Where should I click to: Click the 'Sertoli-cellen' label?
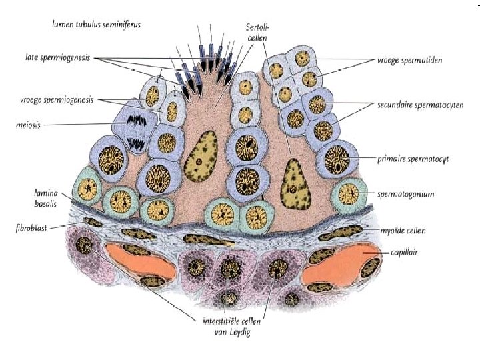click(257, 32)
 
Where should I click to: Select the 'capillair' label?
click(405, 253)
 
